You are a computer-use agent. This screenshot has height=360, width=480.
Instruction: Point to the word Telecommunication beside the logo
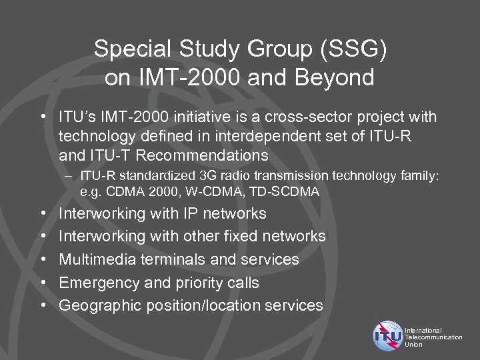tap(433, 337)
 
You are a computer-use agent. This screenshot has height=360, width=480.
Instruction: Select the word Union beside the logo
tap(413, 345)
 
